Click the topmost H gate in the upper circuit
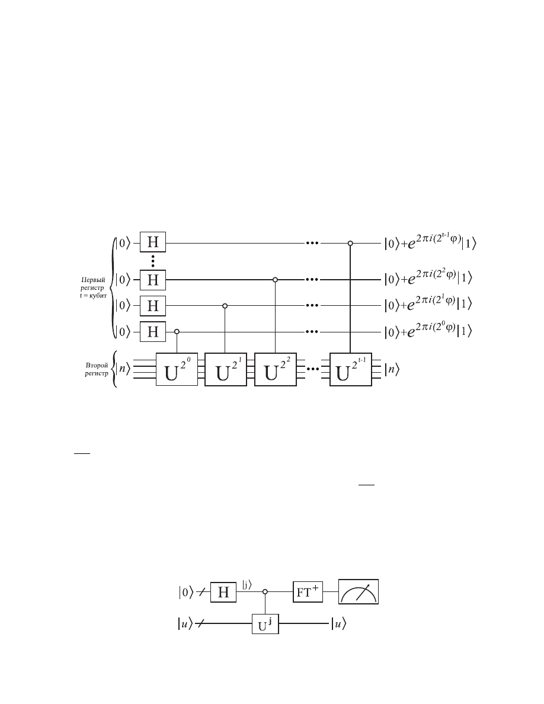click(153, 242)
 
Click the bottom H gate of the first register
click(153, 331)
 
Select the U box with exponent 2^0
click(177, 369)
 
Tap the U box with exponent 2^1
click(225, 369)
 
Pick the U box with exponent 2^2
click(275, 369)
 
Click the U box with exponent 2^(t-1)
click(350, 369)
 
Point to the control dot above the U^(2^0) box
click(177, 332)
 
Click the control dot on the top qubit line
click(350, 244)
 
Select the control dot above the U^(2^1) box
click(225, 306)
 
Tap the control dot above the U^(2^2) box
click(275, 280)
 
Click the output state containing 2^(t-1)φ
click(430, 242)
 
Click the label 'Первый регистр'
click(93, 284)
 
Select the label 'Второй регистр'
click(97, 369)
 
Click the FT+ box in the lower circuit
click(308, 592)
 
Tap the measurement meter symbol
click(358, 592)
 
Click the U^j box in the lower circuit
click(265, 623)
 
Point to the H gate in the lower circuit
click(223, 592)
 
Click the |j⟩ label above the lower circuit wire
click(247, 585)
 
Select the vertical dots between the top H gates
click(153, 261)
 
